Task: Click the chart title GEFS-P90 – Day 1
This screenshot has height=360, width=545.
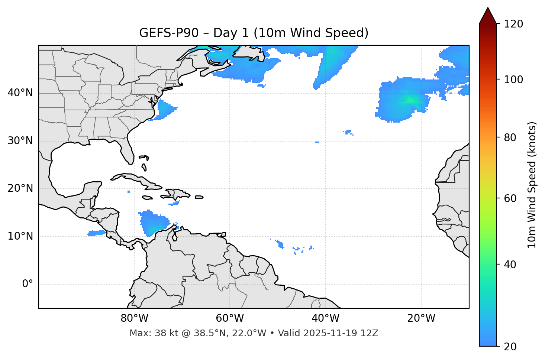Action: point(254,33)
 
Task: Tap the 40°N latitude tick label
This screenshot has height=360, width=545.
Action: point(20,93)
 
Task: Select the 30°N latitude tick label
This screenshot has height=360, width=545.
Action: point(20,141)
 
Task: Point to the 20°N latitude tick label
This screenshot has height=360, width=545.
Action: point(20,189)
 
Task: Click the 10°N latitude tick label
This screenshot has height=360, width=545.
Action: point(20,236)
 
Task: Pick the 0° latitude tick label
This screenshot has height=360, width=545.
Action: point(28,284)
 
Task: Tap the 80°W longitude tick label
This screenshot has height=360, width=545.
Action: point(134,318)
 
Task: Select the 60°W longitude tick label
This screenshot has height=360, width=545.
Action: point(230,318)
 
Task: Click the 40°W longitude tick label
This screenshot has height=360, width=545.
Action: point(325,318)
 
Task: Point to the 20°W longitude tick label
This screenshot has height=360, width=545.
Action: point(421,318)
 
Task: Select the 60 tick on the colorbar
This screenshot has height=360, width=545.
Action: point(512,198)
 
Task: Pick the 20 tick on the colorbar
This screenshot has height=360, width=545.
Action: point(512,347)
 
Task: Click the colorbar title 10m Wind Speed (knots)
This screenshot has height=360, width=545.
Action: point(532,185)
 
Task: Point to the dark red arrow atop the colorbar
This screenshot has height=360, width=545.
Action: point(488,16)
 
